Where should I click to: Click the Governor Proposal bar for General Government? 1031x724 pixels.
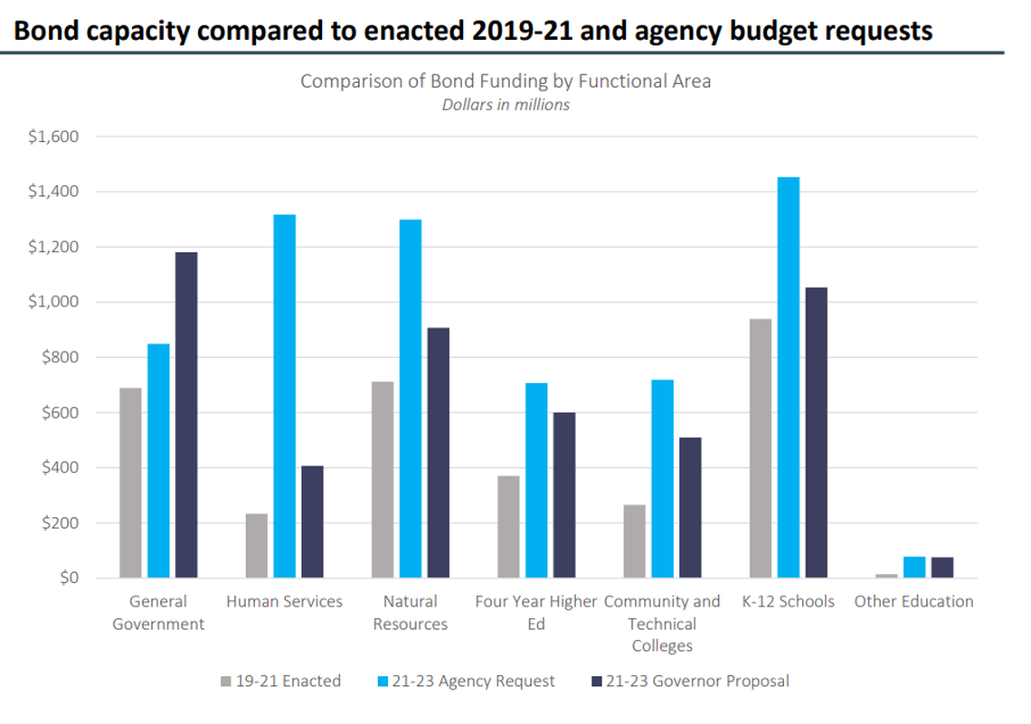[186, 415]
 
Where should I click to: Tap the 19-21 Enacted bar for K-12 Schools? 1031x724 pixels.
[761, 448]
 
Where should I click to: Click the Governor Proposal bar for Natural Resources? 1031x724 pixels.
[439, 452]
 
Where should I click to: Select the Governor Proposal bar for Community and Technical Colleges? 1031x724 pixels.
[690, 507]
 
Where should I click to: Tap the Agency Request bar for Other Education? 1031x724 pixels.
[914, 567]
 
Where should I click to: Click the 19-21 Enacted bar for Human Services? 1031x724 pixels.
[257, 545]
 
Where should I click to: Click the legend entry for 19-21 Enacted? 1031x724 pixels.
[279, 681]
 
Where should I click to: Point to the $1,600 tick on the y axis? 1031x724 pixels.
[53, 137]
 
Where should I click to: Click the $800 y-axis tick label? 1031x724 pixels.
[60, 358]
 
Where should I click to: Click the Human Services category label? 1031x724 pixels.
[284, 602]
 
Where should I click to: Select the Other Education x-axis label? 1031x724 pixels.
[913, 602]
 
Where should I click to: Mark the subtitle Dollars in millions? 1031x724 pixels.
[506, 105]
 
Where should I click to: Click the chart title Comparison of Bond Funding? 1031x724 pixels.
[506, 81]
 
